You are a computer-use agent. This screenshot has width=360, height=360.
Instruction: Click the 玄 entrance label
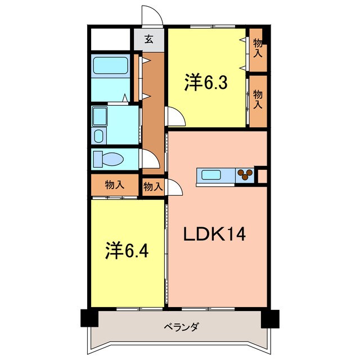tap(148, 39)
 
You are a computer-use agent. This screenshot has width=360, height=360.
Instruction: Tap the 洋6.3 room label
tap(205, 83)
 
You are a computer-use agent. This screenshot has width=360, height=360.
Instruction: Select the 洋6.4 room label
tap(127, 249)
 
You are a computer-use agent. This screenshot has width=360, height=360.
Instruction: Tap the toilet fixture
tap(107, 159)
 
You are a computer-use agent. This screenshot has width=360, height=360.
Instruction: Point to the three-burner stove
tap(245, 175)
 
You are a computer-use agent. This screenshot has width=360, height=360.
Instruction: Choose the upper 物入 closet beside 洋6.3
tap(258, 49)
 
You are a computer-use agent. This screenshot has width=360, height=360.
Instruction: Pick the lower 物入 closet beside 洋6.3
tap(258, 100)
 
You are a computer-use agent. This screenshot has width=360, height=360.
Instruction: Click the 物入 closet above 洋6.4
tap(115, 184)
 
